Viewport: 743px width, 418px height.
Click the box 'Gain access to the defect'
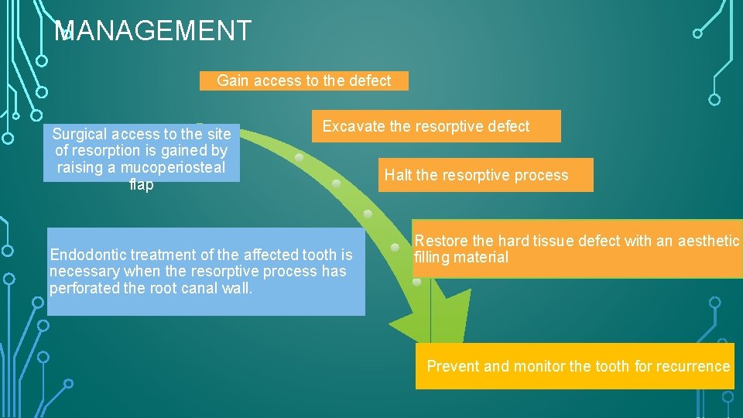(303, 81)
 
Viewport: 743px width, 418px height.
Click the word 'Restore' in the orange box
(440, 241)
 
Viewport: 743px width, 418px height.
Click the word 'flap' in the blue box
(142, 185)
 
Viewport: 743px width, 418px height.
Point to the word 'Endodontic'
(87, 255)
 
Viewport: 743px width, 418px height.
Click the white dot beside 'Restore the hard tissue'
(396, 248)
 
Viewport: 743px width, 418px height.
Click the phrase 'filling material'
(461, 258)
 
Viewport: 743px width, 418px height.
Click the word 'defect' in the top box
(369, 81)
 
